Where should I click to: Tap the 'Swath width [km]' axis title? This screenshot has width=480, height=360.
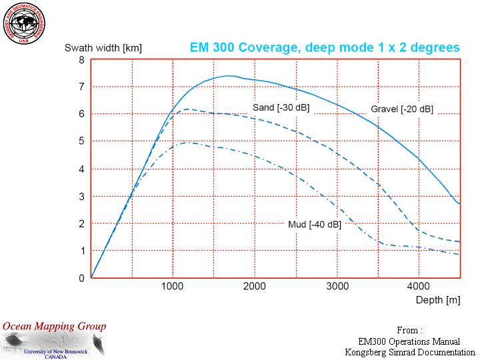[x=103, y=48]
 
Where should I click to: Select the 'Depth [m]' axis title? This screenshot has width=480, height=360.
[x=438, y=300]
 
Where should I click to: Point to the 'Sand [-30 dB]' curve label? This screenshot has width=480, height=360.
[x=281, y=107]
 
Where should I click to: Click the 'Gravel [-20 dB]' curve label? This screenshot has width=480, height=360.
[x=402, y=109]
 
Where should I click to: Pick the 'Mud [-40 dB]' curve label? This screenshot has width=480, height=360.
[x=314, y=225]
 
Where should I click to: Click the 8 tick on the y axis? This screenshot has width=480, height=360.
[x=81, y=59]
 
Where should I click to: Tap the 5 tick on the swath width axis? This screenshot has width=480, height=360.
[x=81, y=141]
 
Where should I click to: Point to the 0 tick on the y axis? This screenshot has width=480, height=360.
[x=81, y=278]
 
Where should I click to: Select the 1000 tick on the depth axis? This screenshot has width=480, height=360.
[x=172, y=286]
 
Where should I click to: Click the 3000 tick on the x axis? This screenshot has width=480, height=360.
[x=337, y=286]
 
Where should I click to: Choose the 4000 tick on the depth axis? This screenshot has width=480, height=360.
[x=419, y=286]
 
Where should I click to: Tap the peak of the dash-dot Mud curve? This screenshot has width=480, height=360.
[x=189, y=143]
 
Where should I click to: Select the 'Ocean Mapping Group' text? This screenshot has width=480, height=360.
[x=54, y=326]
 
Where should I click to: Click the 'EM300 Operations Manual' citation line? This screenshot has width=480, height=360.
[x=409, y=341]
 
